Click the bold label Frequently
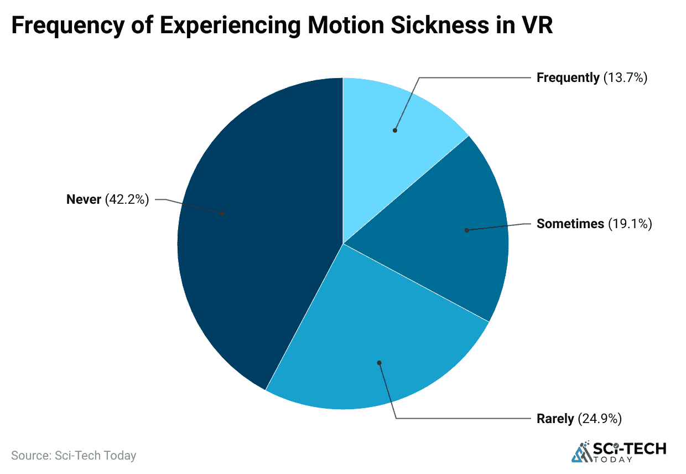568,78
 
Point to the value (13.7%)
625,78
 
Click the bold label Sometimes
570,224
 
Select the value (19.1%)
630,224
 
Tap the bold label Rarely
555,419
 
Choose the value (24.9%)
600,419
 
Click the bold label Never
84,199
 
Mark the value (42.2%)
127,199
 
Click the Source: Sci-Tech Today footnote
74,456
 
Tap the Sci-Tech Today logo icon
581,451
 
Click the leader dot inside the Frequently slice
395,130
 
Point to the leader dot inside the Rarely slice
379,363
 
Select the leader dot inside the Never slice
222,213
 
